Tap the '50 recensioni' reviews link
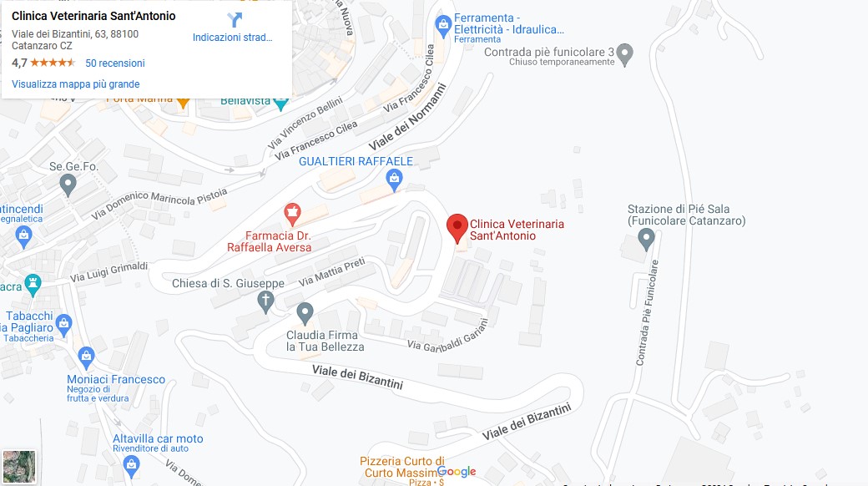click(115, 63)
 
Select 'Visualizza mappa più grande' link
click(76, 84)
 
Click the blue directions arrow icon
click(234, 20)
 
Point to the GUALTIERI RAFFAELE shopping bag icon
click(395, 178)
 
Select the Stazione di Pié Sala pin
click(645, 240)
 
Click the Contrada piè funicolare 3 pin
click(625, 56)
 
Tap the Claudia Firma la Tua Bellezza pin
click(305, 314)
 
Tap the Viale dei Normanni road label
click(409, 117)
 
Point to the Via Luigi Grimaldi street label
click(108, 271)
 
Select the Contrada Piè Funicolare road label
click(648, 312)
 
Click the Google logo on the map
click(457, 472)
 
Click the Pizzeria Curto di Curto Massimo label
click(402, 467)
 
